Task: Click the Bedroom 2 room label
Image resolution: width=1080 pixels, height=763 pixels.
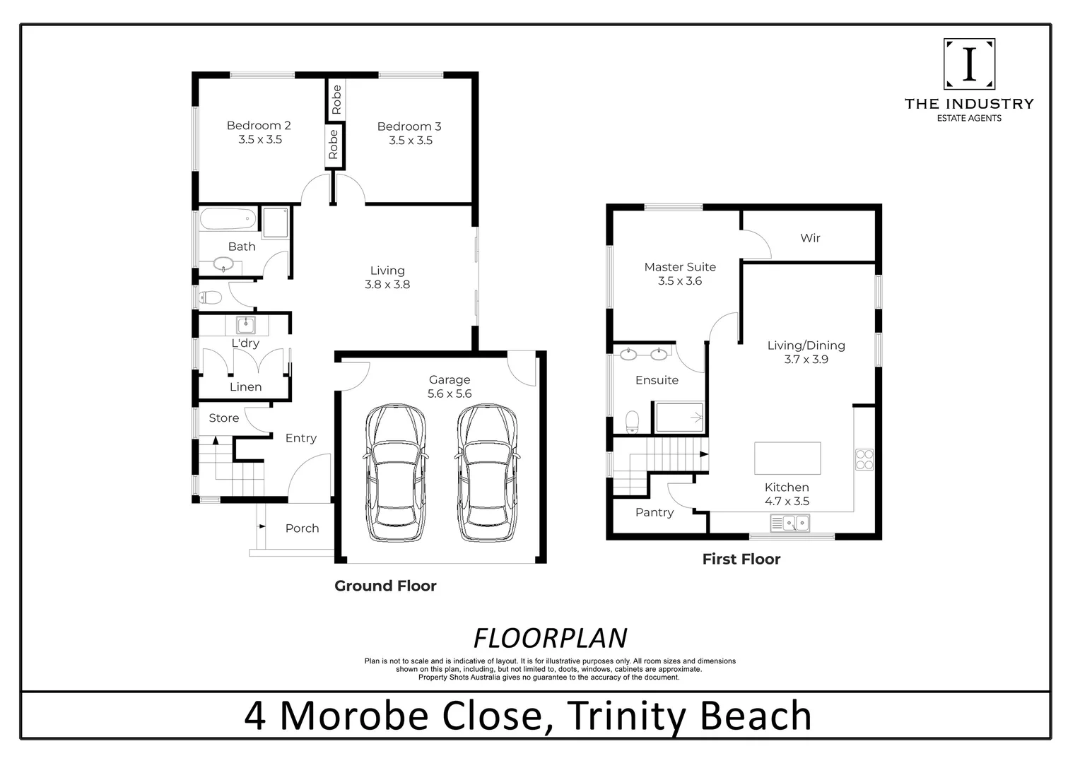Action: coord(259,126)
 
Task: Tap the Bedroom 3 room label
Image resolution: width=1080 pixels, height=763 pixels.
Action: coord(409,126)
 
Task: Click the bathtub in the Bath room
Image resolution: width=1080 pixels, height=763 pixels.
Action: coord(228,218)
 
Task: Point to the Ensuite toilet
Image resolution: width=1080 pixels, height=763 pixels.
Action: coord(633,422)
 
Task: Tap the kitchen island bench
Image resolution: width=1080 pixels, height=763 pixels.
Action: coord(787,458)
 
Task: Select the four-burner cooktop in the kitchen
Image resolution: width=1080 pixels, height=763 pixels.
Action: coord(864,459)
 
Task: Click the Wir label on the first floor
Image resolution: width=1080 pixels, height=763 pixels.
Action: coord(810,238)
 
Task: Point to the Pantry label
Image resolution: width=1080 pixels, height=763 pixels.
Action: coord(655,512)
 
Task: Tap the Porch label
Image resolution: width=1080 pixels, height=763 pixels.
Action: coord(302,528)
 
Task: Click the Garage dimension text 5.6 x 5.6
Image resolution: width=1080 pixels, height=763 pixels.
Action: coord(450,394)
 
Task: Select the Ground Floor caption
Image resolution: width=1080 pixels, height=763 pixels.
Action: coord(385,586)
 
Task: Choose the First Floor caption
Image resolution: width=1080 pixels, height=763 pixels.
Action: coord(741,559)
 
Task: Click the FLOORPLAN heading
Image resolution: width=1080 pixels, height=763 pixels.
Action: coord(550,638)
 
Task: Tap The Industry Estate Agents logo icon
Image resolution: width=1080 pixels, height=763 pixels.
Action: coord(969,64)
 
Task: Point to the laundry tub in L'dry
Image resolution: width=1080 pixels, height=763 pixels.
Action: coord(245,325)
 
